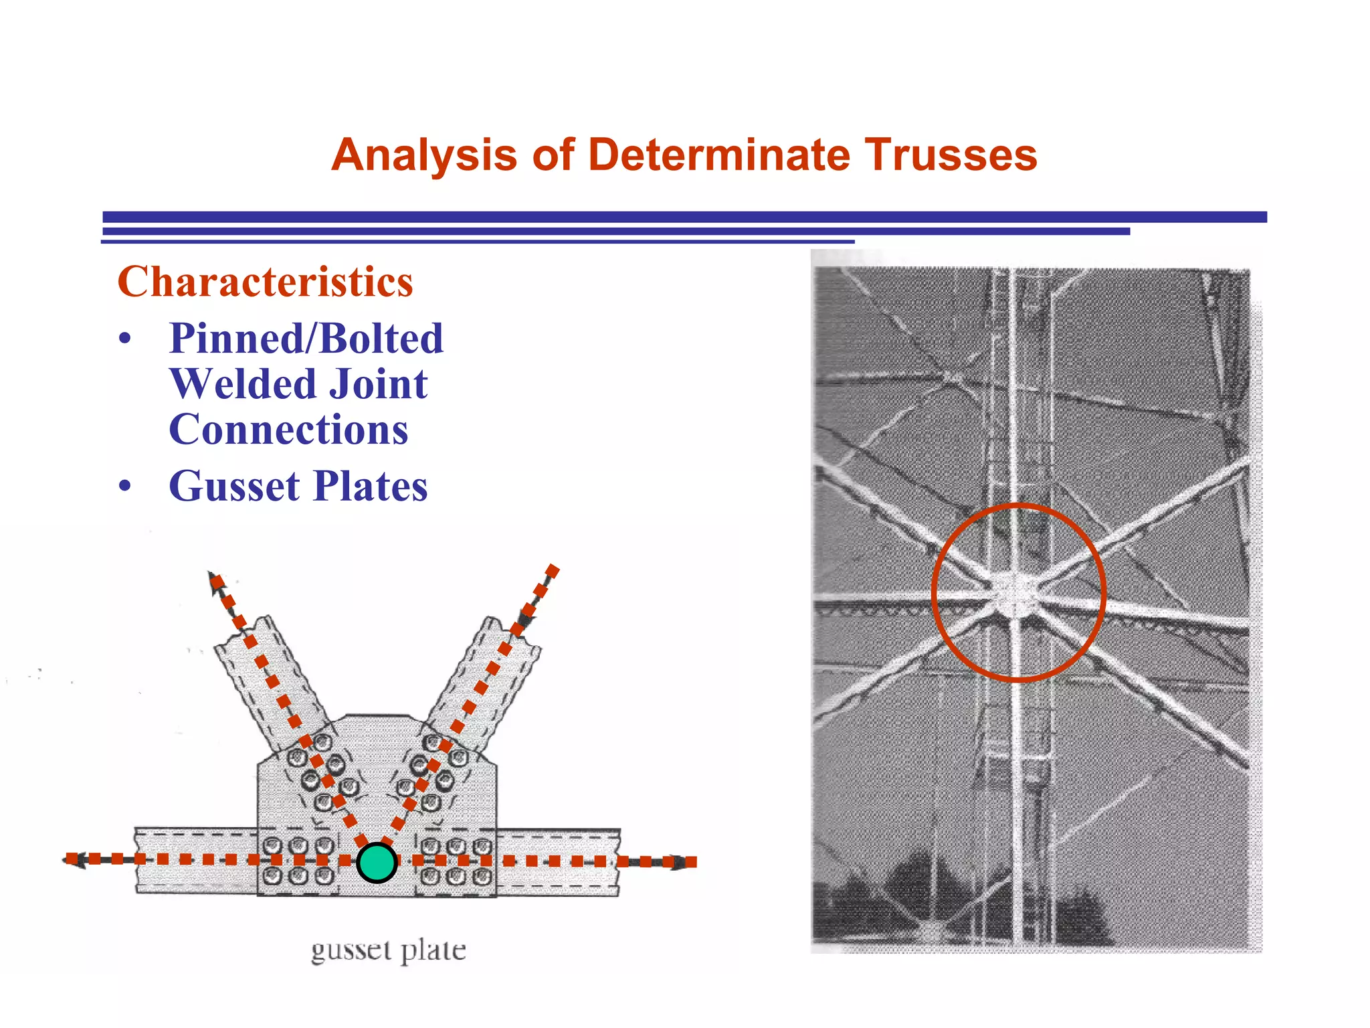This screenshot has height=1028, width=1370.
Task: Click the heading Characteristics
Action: (x=265, y=281)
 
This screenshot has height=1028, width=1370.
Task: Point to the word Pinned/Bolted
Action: (x=306, y=338)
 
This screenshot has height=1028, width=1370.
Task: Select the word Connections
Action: (x=288, y=429)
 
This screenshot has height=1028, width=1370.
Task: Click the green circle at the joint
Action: (x=377, y=863)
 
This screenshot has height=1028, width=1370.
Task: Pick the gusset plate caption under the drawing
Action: (x=388, y=950)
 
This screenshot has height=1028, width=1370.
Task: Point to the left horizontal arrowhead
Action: (x=73, y=860)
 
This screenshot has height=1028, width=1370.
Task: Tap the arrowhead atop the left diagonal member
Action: (x=215, y=580)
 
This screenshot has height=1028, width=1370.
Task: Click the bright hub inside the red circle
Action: (x=1016, y=591)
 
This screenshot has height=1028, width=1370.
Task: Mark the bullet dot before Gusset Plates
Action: (x=125, y=487)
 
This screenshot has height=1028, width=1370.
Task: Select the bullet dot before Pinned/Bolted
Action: (x=125, y=339)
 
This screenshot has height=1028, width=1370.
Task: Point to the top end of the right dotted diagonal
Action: (x=553, y=570)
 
